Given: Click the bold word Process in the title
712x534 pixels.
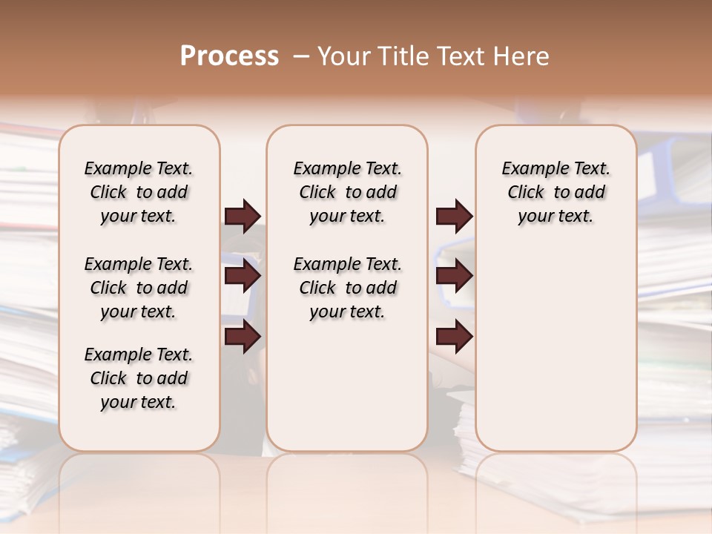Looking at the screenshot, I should [229, 56].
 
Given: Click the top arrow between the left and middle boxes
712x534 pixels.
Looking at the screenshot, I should [243, 216].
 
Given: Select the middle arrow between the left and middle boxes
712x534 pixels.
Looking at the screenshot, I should [243, 277].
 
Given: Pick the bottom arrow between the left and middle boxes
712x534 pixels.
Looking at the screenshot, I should [243, 337].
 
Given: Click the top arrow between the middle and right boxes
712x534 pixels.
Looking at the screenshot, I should [454, 216].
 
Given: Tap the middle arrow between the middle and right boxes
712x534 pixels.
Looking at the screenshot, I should [454, 277].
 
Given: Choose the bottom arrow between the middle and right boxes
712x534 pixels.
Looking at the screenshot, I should [454, 337].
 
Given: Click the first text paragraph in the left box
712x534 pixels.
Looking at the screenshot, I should [139, 192].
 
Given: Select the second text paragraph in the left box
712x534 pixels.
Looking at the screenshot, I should [139, 288].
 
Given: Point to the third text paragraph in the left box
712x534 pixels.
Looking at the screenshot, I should [139, 378].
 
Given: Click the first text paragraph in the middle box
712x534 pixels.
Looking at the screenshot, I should [347, 192].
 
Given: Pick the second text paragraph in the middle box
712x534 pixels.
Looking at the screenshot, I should [347, 288].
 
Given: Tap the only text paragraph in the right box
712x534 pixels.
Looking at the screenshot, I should [556, 192].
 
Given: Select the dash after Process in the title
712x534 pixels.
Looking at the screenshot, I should [301, 56].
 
